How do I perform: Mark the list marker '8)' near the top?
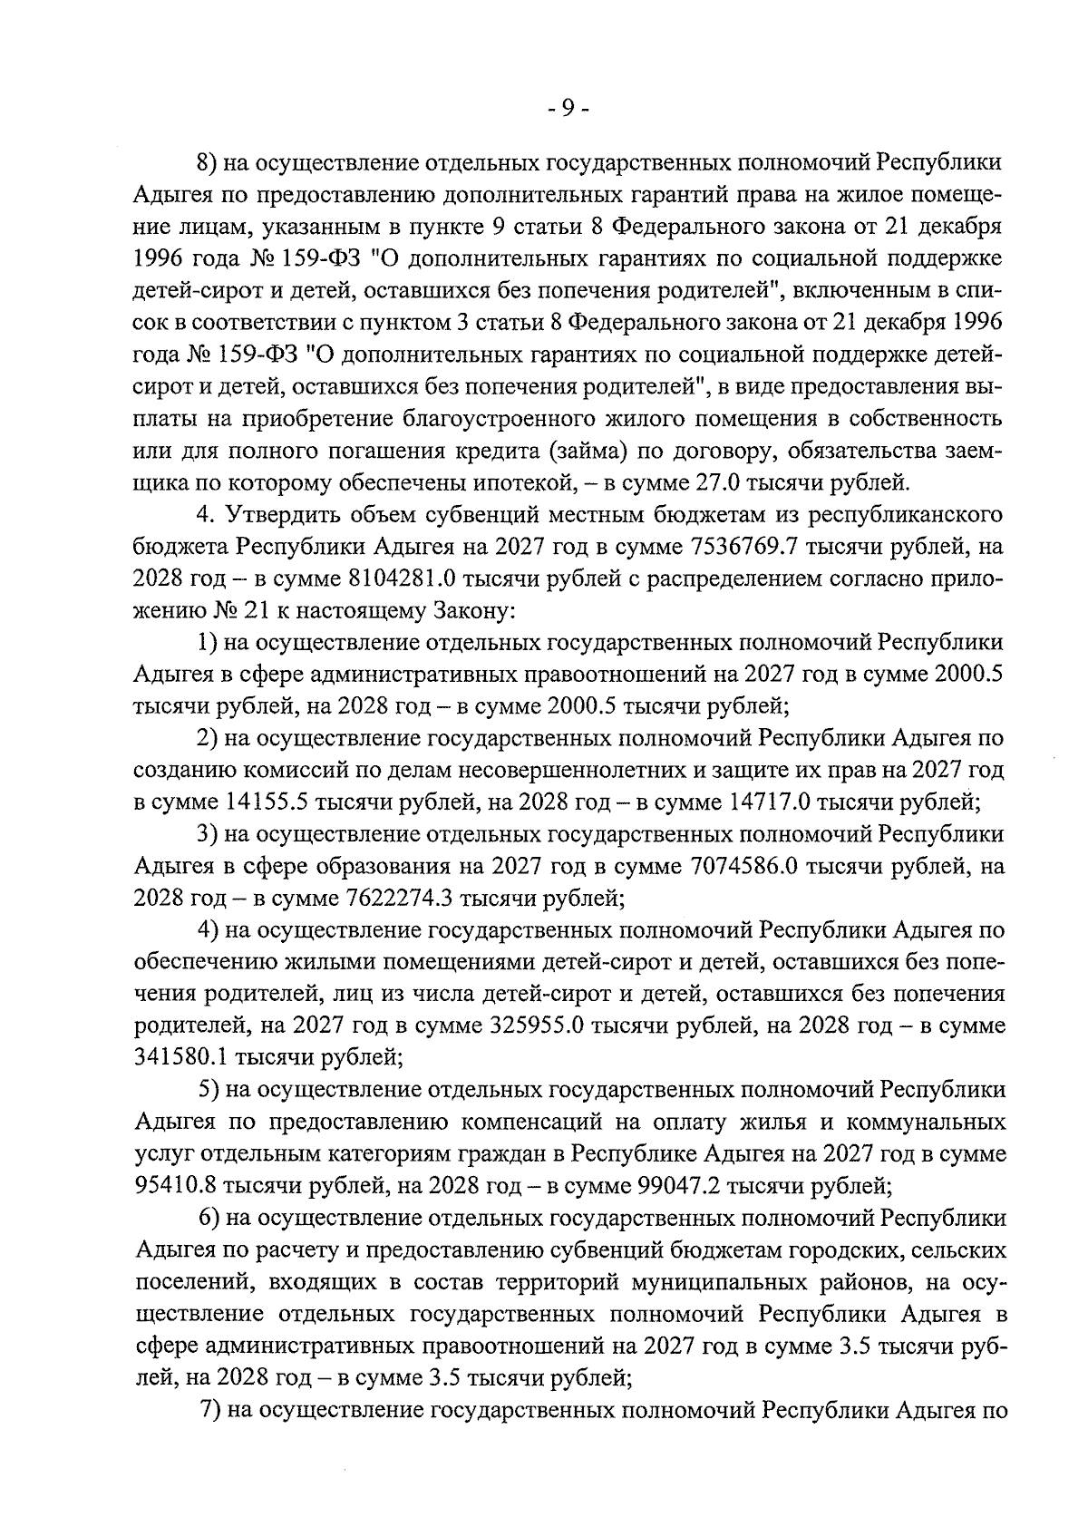(209, 163)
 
